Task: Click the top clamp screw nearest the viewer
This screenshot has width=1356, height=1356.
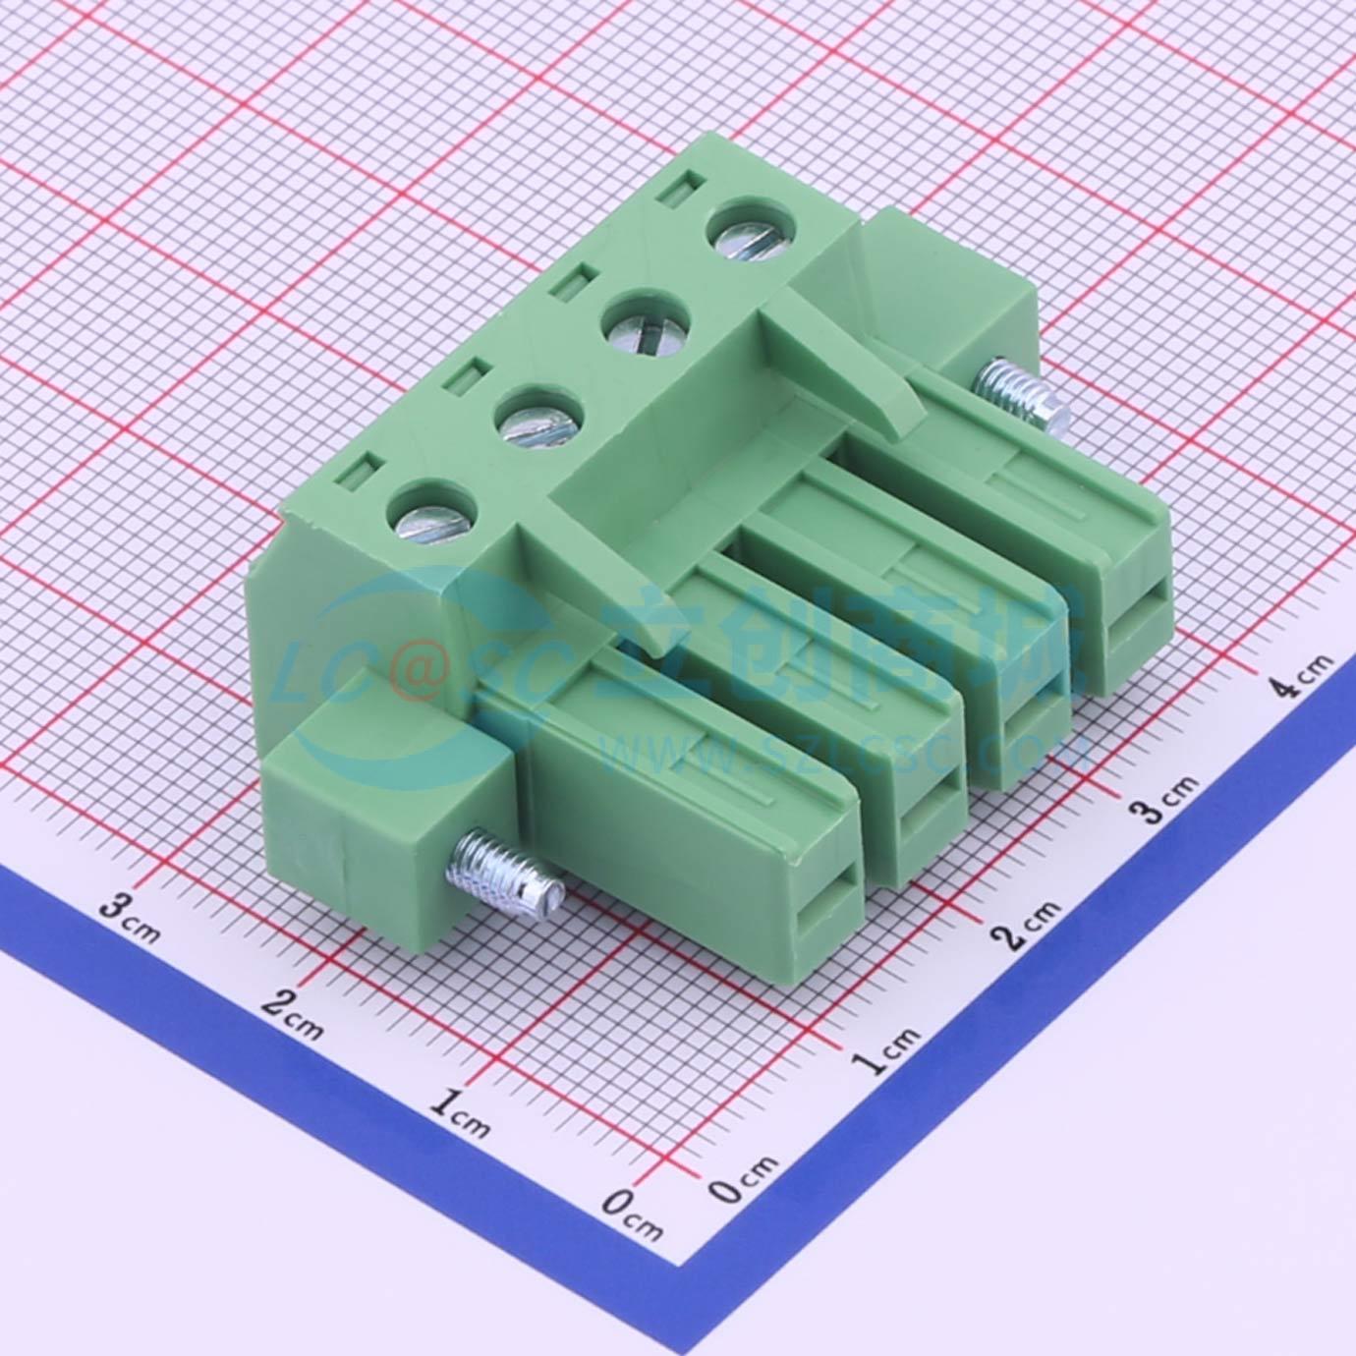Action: (433, 511)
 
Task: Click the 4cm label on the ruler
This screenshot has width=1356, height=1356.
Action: (1306, 673)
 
